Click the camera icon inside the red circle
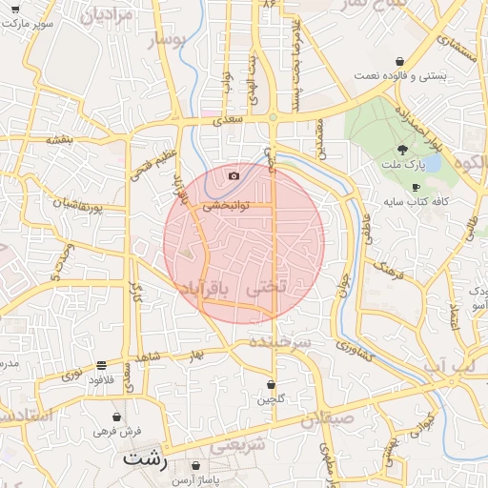pos(234,175)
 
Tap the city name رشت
pos(145,458)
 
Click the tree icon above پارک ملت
pos(402,149)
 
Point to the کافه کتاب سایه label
pos(416,202)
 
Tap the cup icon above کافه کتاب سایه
pos(415,187)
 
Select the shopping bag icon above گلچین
pos(271,384)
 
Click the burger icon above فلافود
pos(102,365)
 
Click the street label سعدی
pos(230,119)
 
